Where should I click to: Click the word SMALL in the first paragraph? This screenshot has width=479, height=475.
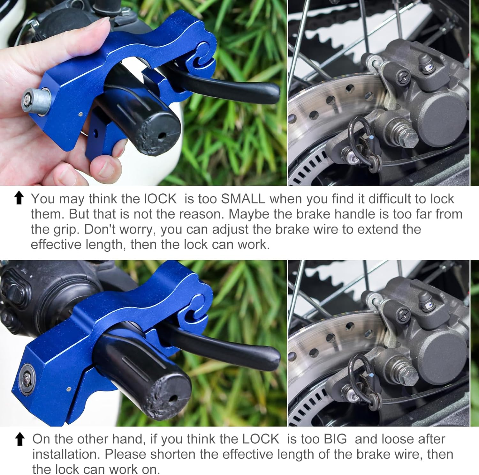(243, 199)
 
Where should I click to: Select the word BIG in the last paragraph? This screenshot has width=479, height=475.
(335, 439)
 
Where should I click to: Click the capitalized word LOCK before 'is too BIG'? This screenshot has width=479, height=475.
(261, 439)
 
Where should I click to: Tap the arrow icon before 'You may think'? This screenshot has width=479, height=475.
(19, 198)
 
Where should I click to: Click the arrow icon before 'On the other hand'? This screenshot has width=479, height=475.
(20, 439)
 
